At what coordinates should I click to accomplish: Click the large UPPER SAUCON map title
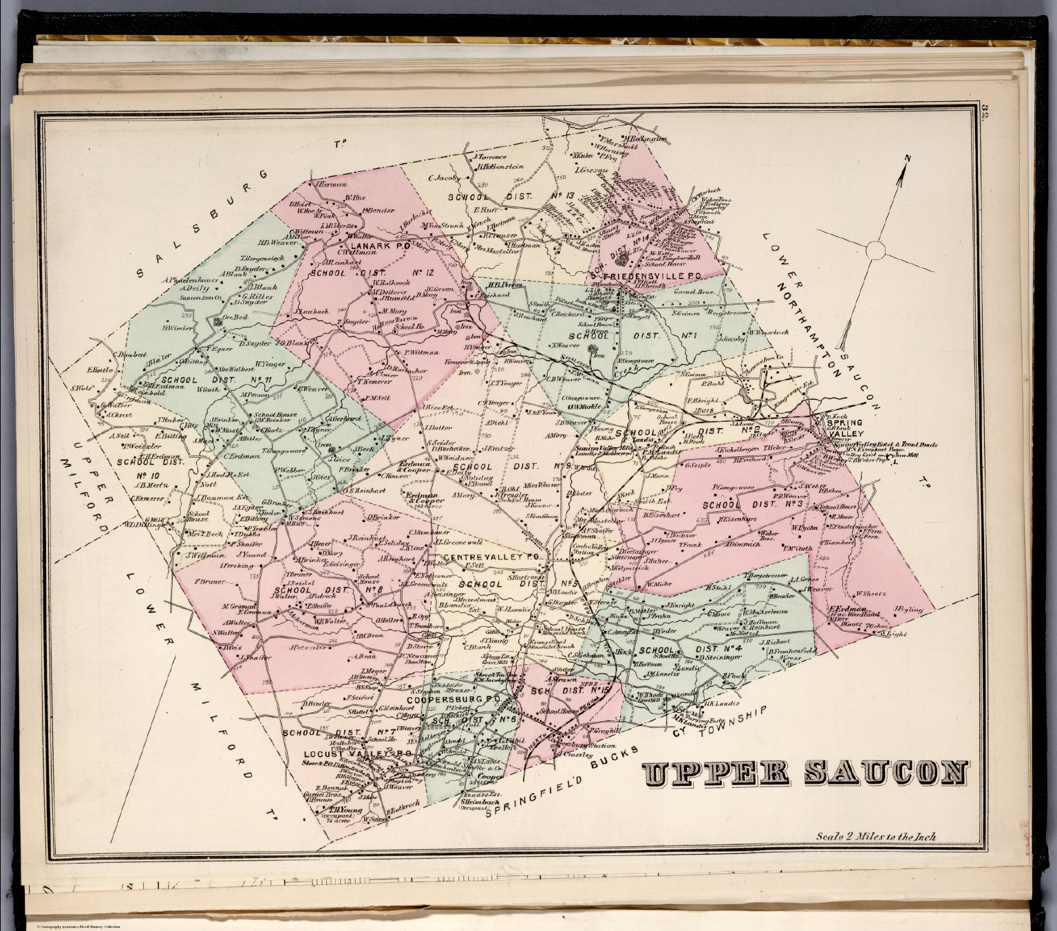[x=806, y=773]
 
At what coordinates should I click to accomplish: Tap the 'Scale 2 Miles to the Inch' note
[x=875, y=837]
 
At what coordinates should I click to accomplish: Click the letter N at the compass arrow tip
[x=907, y=159]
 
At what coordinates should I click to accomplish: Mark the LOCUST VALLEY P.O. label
[x=358, y=754]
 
